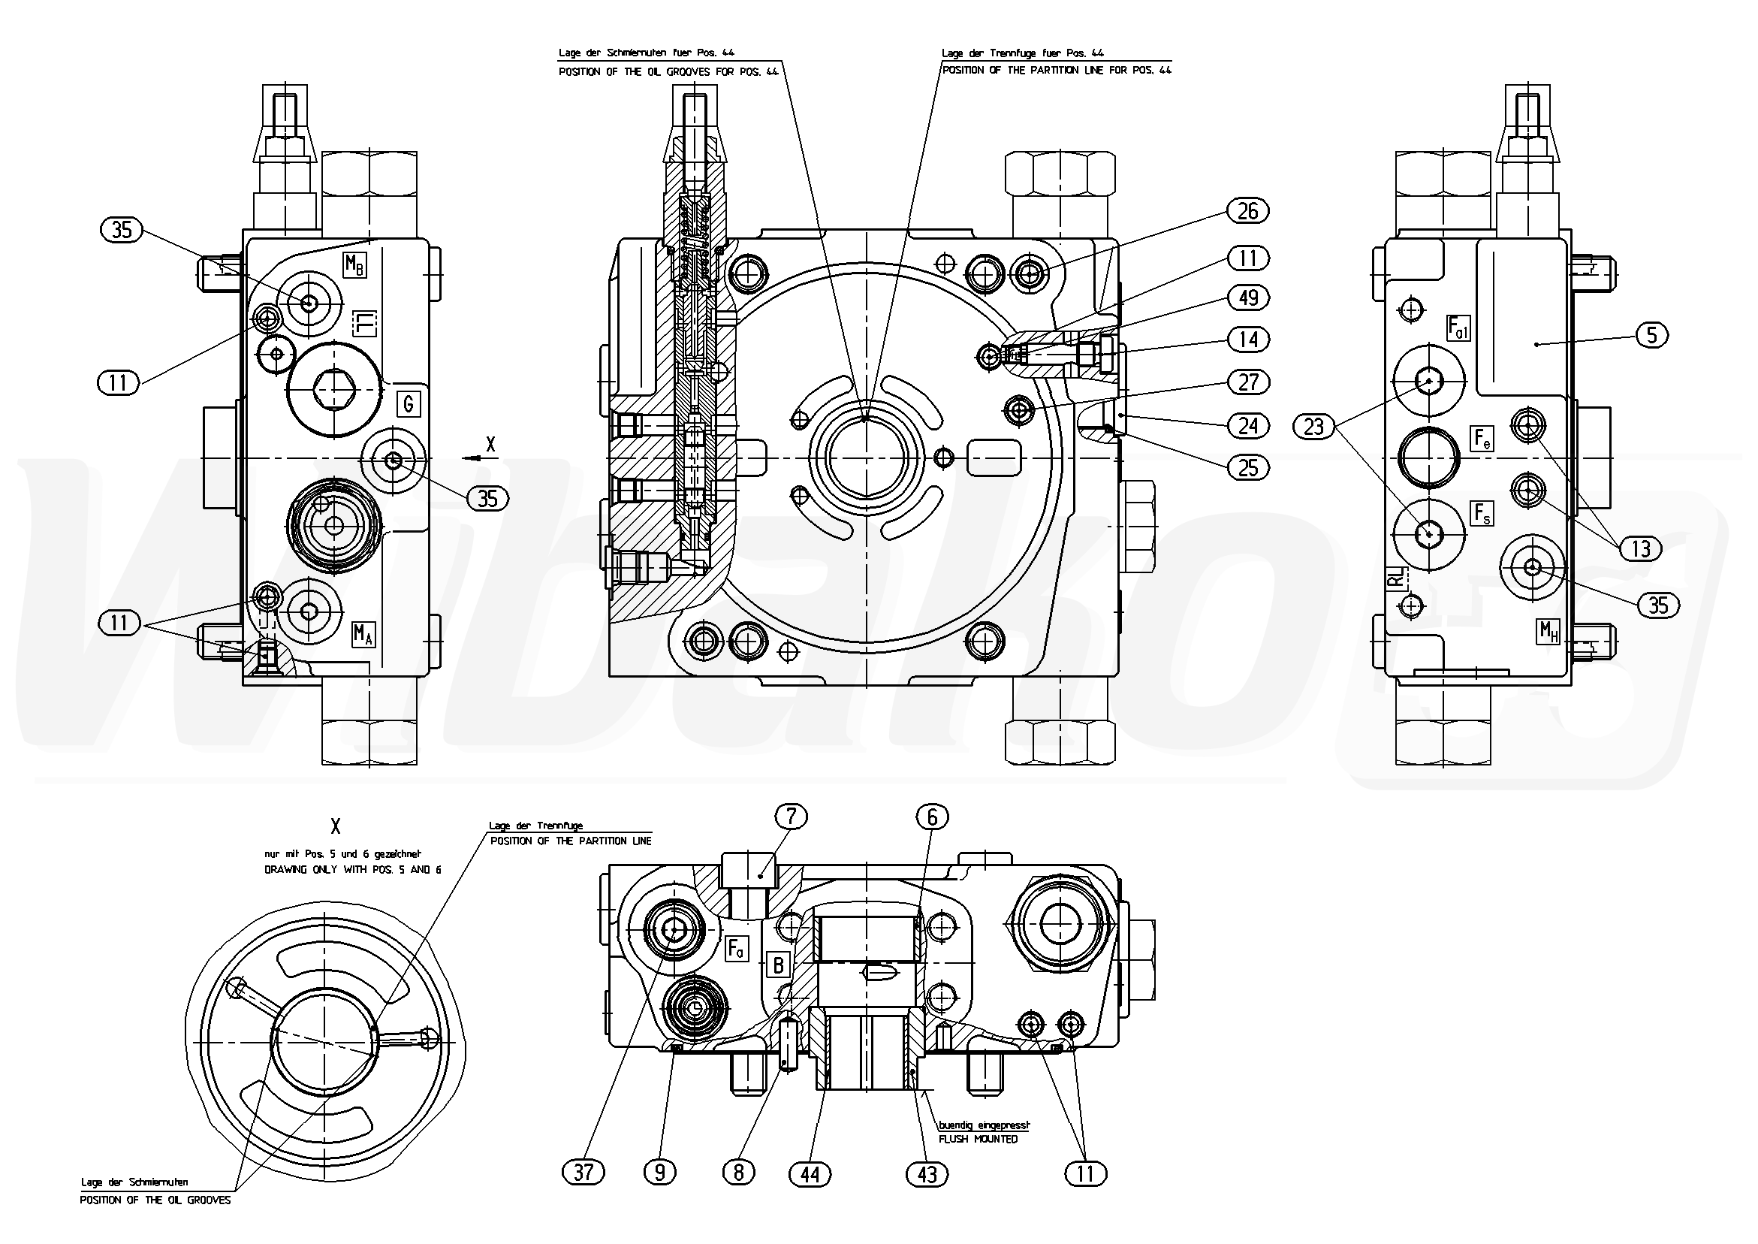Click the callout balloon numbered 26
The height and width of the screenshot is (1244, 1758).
point(1247,210)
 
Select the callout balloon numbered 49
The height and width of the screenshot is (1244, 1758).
point(1247,297)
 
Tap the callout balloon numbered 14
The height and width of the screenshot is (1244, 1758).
point(1247,340)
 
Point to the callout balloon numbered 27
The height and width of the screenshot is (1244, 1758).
point(1247,382)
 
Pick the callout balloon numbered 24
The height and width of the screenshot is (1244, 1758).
point(1247,424)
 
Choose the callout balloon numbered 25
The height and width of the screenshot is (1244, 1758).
point(1247,466)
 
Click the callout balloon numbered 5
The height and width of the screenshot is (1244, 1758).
point(1651,335)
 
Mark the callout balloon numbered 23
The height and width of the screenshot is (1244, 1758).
point(1313,427)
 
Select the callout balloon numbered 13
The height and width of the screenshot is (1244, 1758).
point(1640,548)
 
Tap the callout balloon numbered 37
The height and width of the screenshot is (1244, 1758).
point(583,1172)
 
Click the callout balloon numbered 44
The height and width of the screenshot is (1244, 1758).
point(810,1174)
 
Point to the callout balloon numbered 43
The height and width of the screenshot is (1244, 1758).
point(927,1174)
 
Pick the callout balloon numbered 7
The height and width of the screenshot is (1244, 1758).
point(792,817)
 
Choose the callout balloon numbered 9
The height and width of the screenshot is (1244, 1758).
point(660,1172)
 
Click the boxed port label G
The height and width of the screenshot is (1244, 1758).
point(408,403)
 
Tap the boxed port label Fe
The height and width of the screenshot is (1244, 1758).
point(1482,439)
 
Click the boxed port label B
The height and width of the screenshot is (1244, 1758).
point(778,965)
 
